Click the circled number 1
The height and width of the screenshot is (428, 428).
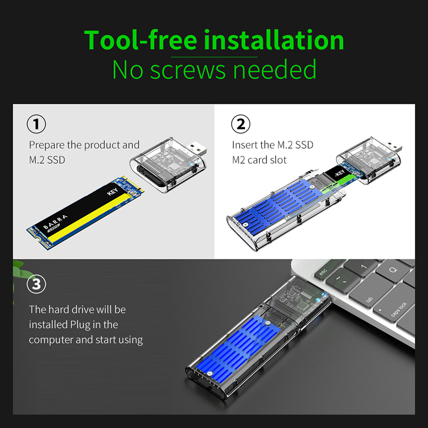[36, 124]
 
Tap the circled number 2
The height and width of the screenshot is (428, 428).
[240, 124]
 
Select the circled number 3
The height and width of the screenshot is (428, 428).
[36, 284]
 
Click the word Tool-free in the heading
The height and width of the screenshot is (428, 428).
[140, 40]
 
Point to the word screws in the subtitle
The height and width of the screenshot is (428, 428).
[188, 70]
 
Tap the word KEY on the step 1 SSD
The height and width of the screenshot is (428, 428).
[112, 192]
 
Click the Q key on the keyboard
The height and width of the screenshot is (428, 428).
[393, 271]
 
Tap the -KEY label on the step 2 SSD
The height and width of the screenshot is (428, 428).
[340, 173]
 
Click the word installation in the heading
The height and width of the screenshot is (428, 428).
[274, 40]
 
